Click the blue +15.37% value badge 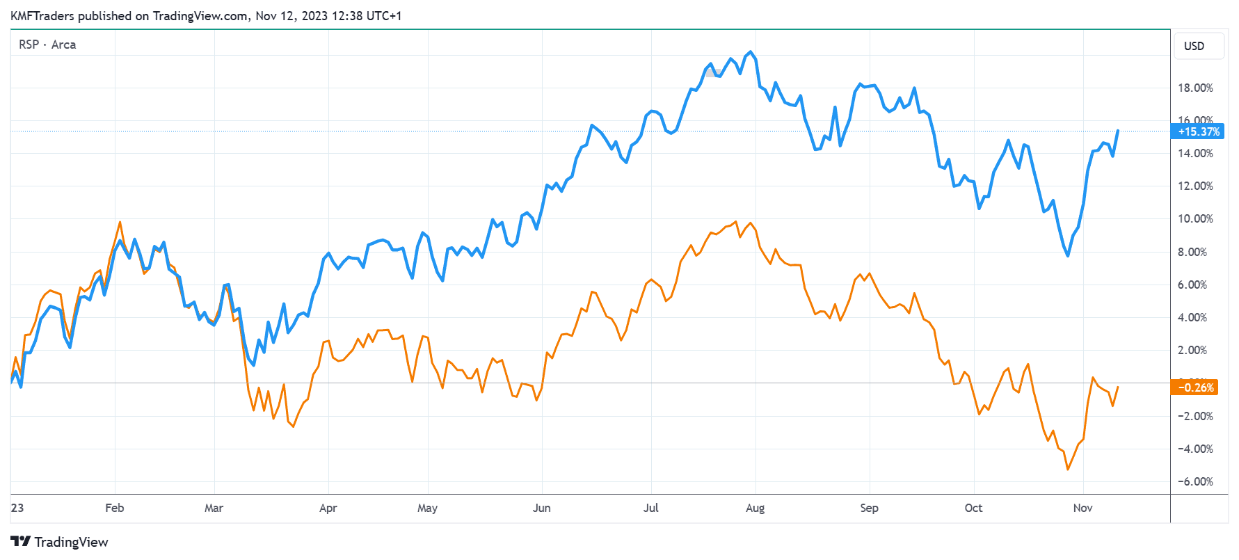click(1198, 131)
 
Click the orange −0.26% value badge click(1196, 387)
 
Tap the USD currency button click(1194, 46)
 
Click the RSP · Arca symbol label click(47, 45)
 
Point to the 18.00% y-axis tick click(1194, 88)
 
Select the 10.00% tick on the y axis click(1194, 218)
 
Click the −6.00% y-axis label click(1194, 481)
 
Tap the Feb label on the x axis click(115, 508)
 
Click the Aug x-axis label click(755, 508)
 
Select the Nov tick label click(1082, 508)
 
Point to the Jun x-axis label click(541, 508)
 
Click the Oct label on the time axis click(973, 508)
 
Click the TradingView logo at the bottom click(60, 542)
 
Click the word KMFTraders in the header click(42, 16)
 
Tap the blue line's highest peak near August click(750, 52)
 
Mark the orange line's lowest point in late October click(1068, 470)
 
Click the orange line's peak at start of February click(120, 223)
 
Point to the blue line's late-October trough click(1068, 255)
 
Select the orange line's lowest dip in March click(293, 426)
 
